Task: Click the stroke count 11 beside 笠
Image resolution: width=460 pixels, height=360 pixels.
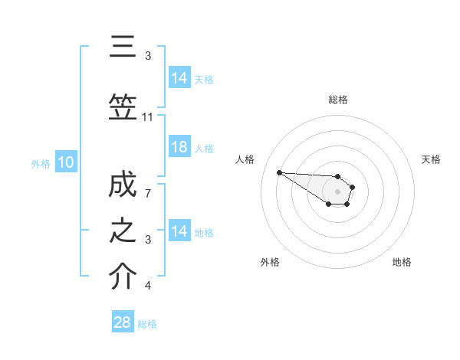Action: (148, 117)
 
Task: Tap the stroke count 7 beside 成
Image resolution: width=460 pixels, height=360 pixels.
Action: (148, 194)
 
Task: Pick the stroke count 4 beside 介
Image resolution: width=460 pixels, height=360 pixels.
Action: (148, 286)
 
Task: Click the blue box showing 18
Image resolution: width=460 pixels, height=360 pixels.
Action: (179, 147)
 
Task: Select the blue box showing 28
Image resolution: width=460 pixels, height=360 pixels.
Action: (123, 322)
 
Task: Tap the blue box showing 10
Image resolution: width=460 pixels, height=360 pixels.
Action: (66, 162)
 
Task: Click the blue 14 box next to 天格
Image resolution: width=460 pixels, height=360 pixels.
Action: (179, 78)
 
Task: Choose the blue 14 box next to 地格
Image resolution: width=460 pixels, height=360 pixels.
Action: (179, 231)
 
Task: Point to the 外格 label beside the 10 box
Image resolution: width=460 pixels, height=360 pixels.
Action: (41, 163)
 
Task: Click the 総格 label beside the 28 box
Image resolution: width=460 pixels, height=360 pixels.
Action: (147, 323)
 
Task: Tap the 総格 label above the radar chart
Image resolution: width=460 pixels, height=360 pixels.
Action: (338, 100)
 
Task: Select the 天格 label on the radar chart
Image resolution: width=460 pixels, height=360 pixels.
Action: (432, 159)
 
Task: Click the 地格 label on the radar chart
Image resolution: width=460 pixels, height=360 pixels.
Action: (402, 262)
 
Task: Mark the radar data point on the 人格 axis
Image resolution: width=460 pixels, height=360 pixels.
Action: (279, 172)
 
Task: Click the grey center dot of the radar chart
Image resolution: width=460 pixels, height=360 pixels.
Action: (338, 191)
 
